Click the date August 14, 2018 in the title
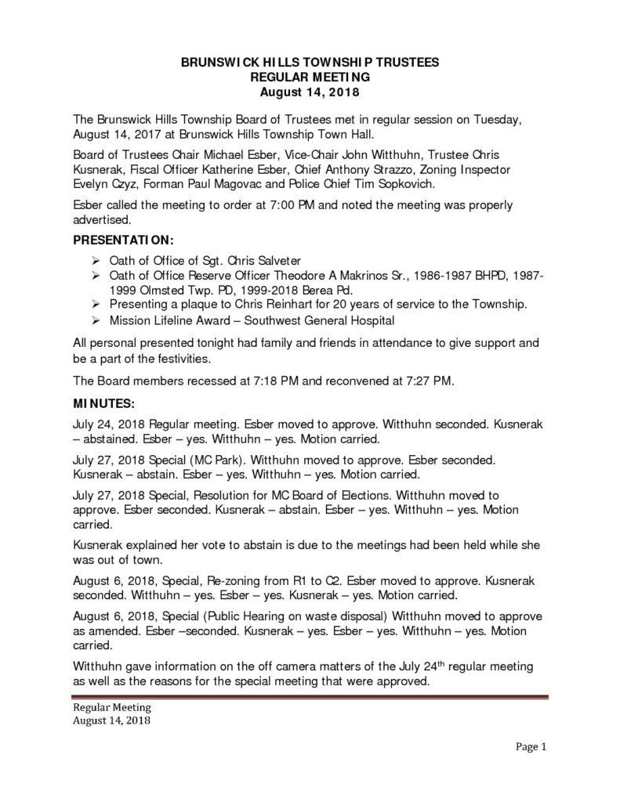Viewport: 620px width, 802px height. pyautogui.click(x=310, y=92)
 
